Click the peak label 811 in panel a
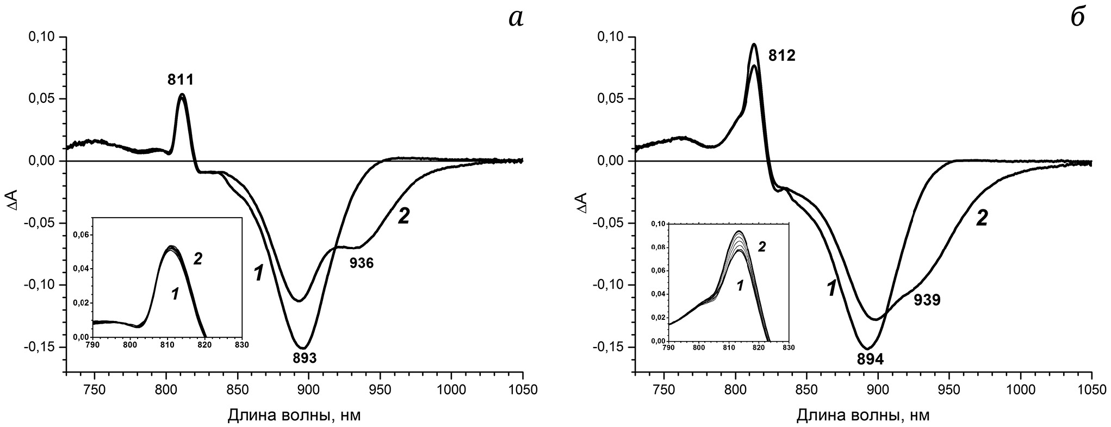[x=180, y=81]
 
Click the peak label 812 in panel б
[x=782, y=55]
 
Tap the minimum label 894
[x=870, y=359]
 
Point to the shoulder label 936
[x=361, y=263]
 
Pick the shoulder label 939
[x=927, y=300]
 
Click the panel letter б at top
[x=1077, y=18]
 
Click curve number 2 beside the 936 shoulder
[x=403, y=217]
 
